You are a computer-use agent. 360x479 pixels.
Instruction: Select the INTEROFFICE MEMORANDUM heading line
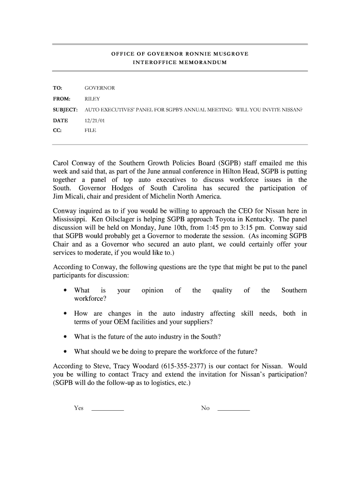pos(180,62)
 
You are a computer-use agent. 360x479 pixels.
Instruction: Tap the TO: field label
pos(57,88)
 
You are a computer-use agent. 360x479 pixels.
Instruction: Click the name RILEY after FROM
pos(92,99)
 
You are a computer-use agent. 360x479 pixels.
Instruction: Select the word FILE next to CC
pos(90,131)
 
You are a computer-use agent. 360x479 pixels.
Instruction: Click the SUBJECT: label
pos(65,110)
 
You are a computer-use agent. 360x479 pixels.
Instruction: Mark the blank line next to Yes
pos(108,409)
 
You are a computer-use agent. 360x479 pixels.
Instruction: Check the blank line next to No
pos(234,409)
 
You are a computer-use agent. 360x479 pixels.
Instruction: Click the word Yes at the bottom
pos(79,408)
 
